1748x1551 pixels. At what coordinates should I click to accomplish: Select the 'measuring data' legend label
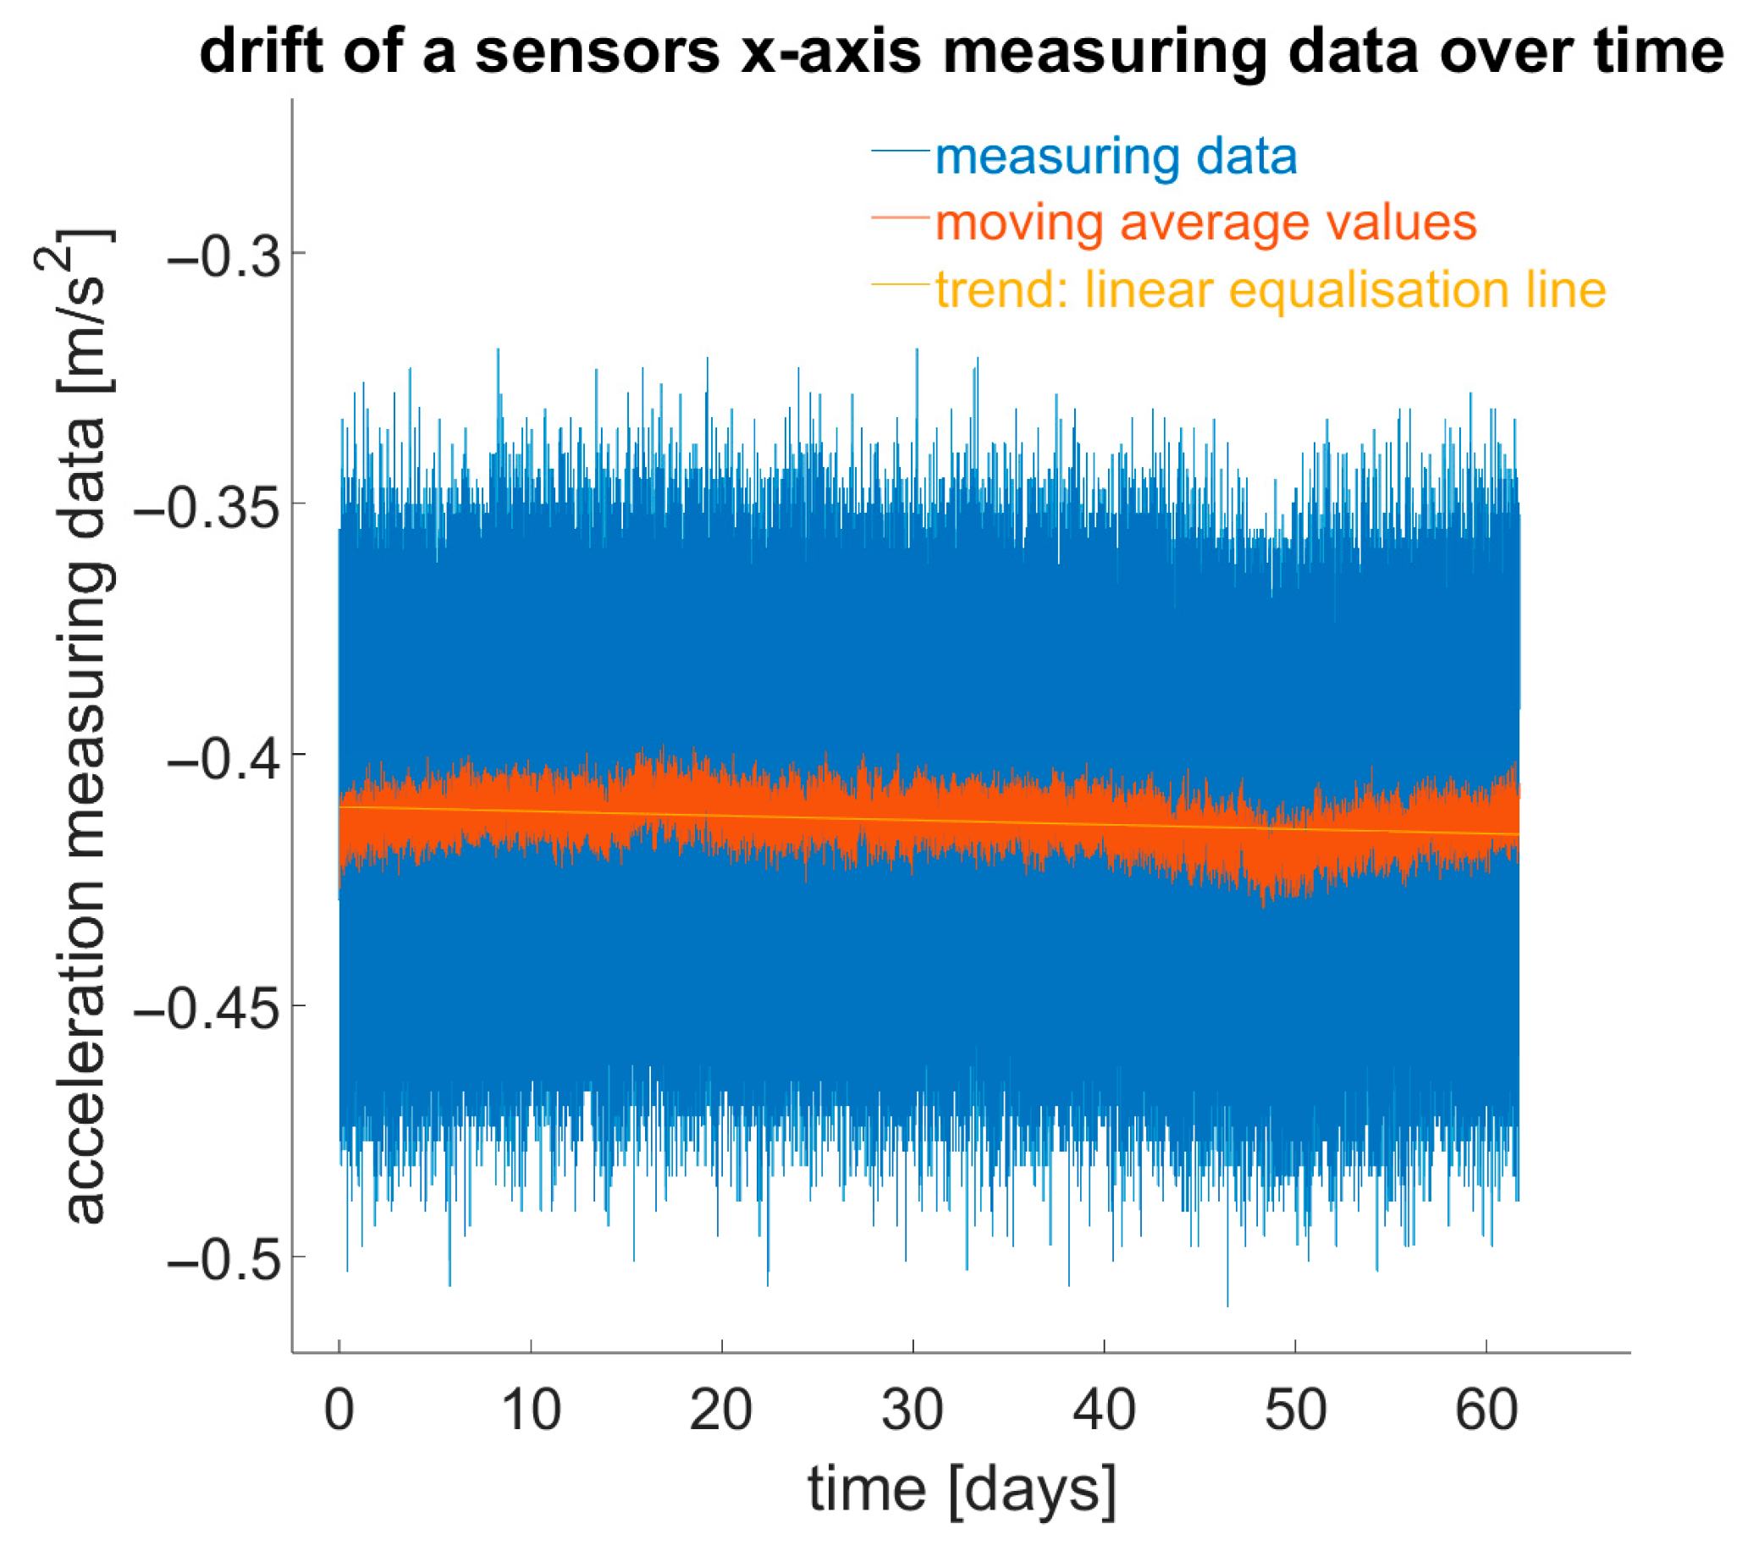[x=1116, y=157]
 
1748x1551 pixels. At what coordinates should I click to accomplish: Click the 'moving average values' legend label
[x=1205, y=223]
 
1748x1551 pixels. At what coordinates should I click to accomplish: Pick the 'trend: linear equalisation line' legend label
[x=1271, y=289]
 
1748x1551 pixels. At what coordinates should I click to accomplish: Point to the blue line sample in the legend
[x=901, y=151]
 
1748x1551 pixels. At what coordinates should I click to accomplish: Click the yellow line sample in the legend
[x=901, y=283]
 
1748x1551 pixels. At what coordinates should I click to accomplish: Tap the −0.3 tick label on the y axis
[x=225, y=255]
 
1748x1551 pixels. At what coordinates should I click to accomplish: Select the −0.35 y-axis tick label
[x=207, y=506]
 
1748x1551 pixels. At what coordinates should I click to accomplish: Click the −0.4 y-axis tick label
[x=225, y=757]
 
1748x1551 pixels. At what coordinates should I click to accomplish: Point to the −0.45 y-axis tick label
[x=207, y=1009]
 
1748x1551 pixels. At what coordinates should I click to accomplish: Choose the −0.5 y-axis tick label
[x=225, y=1259]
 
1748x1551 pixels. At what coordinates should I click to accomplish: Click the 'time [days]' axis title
[x=962, y=1490]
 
